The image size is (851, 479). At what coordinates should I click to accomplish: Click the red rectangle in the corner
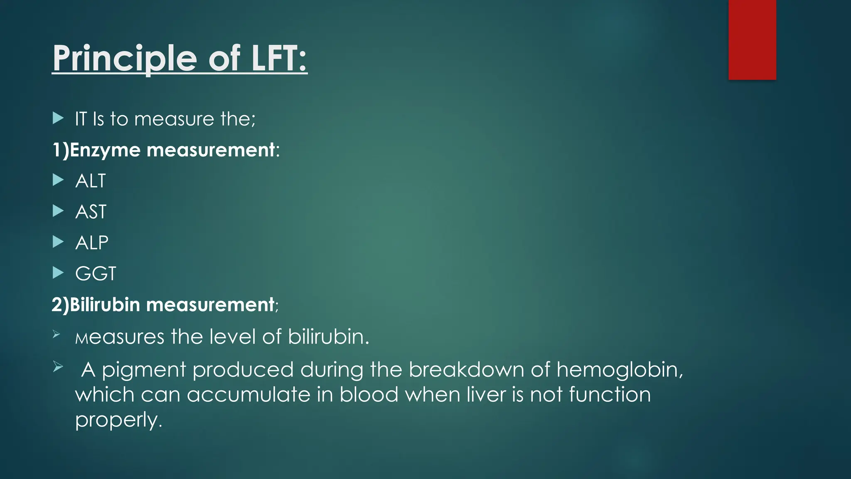[752, 40]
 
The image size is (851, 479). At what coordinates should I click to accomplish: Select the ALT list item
[91, 181]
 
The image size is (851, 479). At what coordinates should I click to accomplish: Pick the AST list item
[91, 212]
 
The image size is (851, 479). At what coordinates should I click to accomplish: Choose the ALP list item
[92, 242]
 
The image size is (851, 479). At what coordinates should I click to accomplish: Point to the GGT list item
[96, 274]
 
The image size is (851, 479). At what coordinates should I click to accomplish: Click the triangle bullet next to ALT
[58, 180]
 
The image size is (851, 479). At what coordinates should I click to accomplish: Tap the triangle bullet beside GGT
[58, 273]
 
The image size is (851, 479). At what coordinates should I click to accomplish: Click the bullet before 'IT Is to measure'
[58, 119]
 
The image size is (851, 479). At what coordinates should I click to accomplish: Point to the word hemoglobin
[620, 369]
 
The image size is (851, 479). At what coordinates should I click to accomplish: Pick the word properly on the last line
[118, 420]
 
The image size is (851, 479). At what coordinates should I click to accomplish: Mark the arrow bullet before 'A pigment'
[58, 367]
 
